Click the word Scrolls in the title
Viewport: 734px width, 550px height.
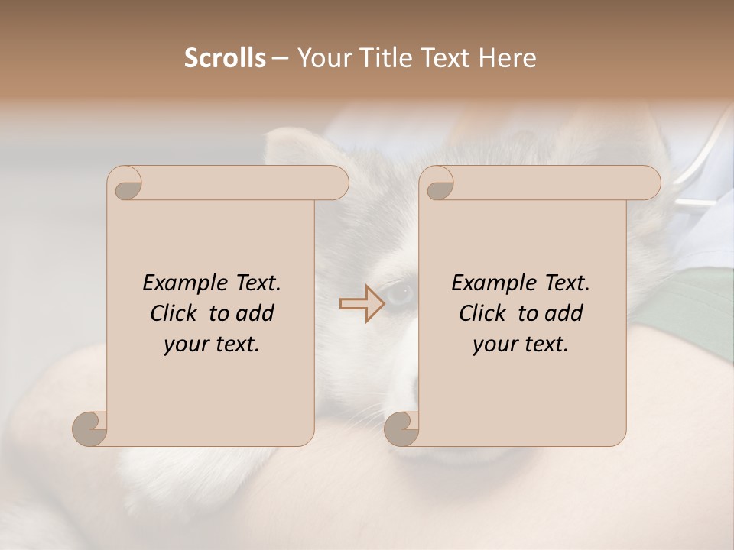click(x=225, y=58)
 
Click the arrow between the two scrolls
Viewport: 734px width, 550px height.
click(x=363, y=303)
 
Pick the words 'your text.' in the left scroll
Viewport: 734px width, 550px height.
click(x=212, y=345)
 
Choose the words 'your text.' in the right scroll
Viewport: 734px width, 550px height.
click(x=521, y=345)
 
